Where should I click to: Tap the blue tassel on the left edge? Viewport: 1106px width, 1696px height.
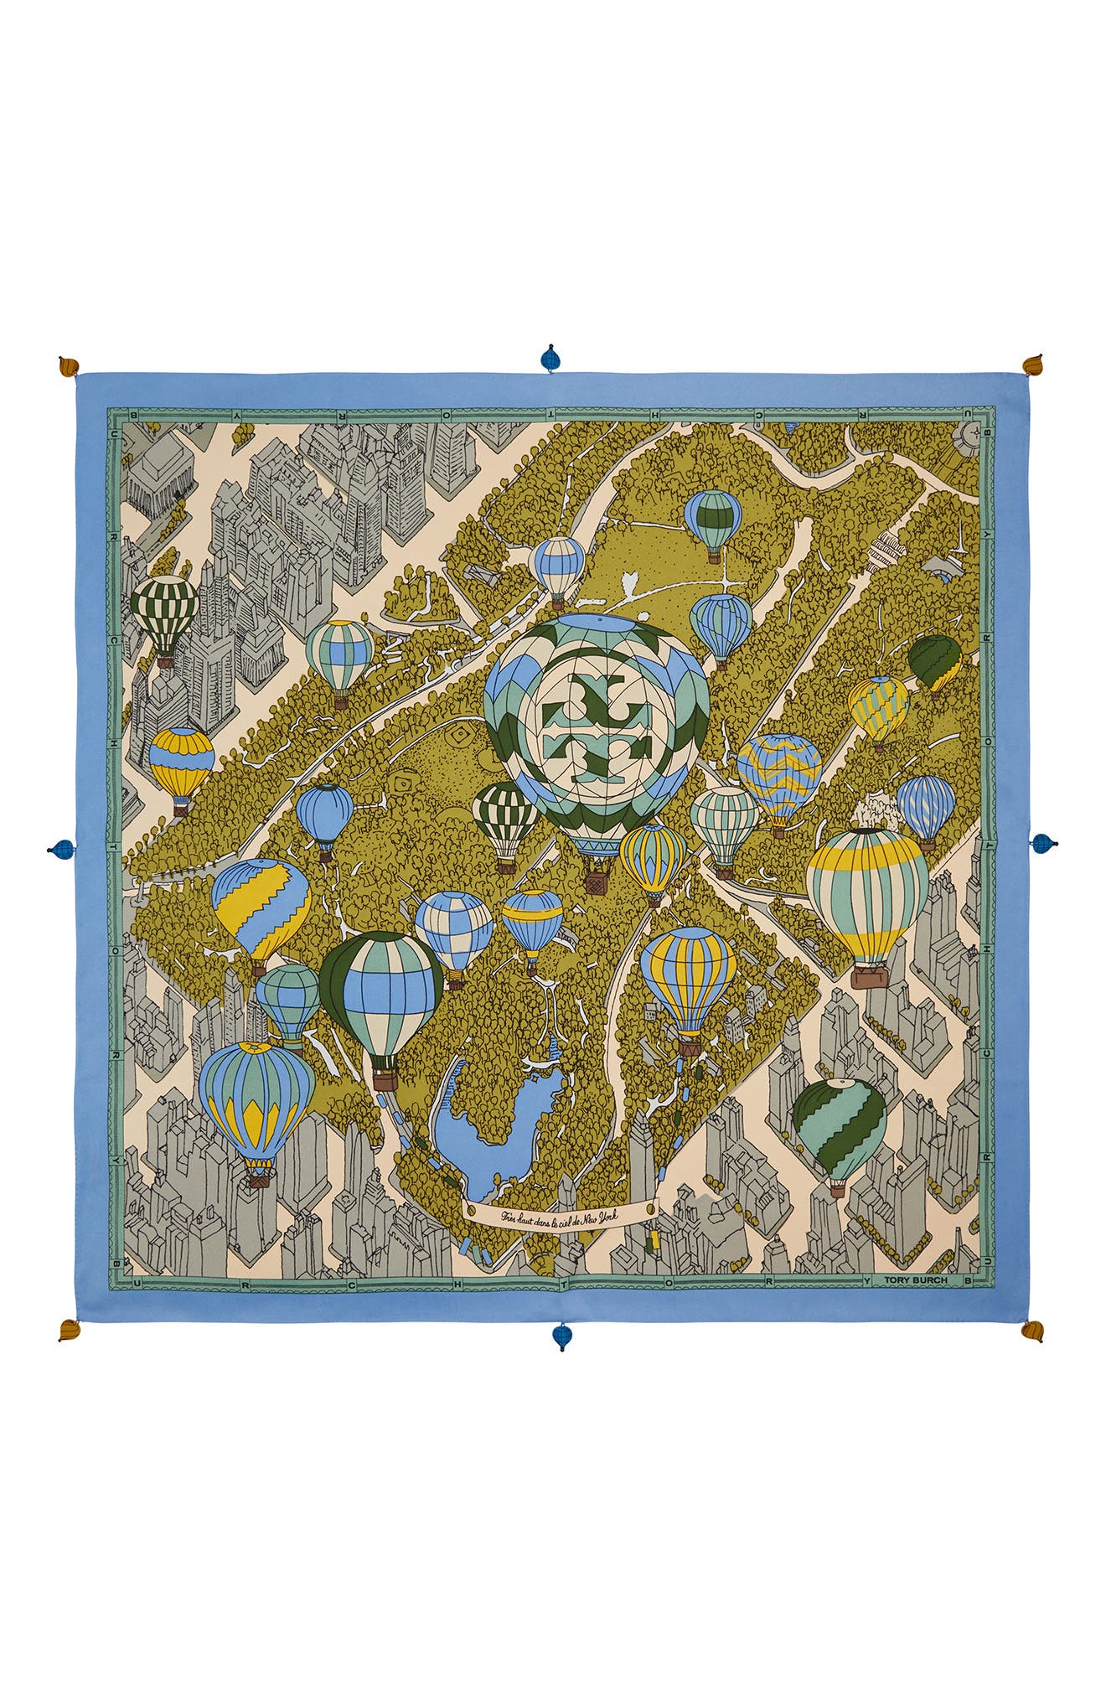(x=61, y=849)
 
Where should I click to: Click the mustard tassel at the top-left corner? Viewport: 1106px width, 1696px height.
(x=70, y=367)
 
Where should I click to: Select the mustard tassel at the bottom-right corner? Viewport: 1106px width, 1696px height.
(x=1032, y=1331)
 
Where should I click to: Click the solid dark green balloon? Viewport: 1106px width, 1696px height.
(x=934, y=659)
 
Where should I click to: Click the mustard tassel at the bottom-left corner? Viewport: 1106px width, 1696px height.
(x=70, y=1329)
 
